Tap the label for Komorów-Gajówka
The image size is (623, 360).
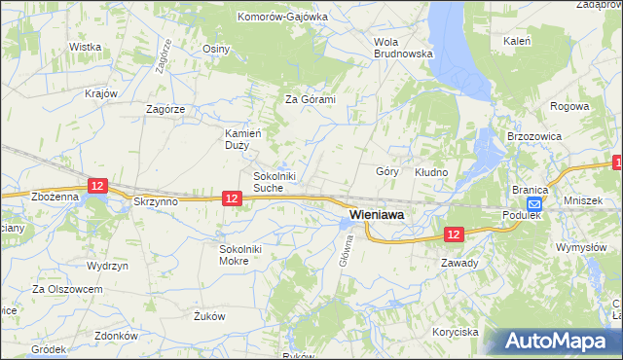coord(281,17)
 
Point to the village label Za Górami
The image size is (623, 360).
coord(310,99)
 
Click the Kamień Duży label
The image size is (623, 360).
coord(238,138)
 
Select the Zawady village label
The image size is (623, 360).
coord(458,263)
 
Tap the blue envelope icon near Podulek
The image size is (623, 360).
coord(534,203)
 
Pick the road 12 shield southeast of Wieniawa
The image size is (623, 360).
coord(454,234)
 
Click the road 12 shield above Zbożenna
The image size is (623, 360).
coord(95,184)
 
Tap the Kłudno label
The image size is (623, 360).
coord(431,172)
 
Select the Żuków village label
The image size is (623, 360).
coord(209,316)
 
